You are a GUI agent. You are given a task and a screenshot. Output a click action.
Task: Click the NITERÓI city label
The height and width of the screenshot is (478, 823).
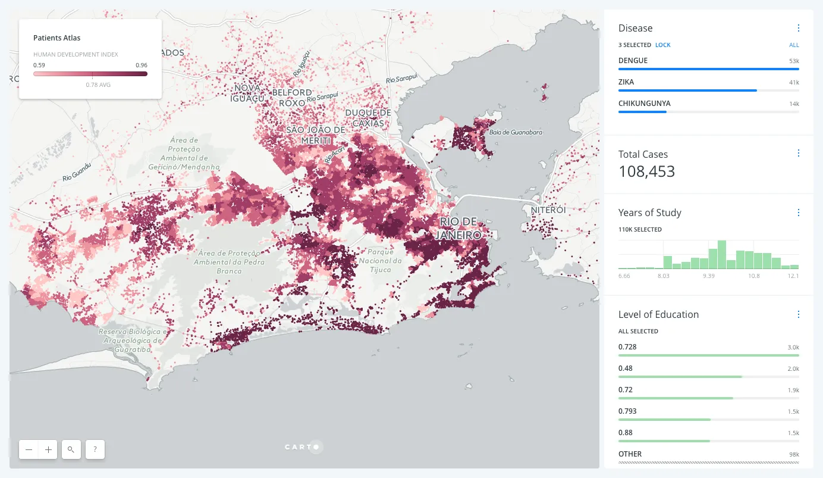[548, 210]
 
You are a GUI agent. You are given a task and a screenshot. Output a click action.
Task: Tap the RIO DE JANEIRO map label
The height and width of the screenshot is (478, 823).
[460, 229]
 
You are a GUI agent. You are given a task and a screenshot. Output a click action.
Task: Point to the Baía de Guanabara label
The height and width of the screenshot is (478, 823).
[516, 132]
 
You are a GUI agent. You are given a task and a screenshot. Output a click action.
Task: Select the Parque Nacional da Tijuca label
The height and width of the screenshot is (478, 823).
[381, 261]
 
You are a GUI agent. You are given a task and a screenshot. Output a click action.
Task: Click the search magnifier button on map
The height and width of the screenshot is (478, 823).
[71, 449]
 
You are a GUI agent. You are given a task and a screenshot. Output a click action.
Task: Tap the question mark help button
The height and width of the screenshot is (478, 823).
[95, 449]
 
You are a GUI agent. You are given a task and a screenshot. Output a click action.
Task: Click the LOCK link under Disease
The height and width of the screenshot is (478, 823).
[662, 45]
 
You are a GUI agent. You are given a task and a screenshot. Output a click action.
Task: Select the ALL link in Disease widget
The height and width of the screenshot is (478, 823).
[794, 45]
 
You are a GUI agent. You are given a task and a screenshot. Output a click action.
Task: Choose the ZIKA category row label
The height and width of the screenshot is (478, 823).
[627, 82]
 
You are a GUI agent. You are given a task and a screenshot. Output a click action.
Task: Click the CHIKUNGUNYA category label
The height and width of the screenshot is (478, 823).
[644, 104]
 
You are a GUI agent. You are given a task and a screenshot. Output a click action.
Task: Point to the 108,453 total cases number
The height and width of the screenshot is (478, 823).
[646, 172]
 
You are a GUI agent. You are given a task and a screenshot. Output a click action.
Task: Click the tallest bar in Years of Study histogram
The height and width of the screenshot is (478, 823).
[722, 255]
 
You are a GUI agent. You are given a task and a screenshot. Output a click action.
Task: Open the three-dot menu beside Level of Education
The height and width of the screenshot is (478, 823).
[798, 314]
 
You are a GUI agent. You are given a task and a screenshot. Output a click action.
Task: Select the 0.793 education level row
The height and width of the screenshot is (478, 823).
[627, 411]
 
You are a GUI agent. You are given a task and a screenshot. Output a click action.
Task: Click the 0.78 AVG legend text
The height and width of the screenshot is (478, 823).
[98, 85]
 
